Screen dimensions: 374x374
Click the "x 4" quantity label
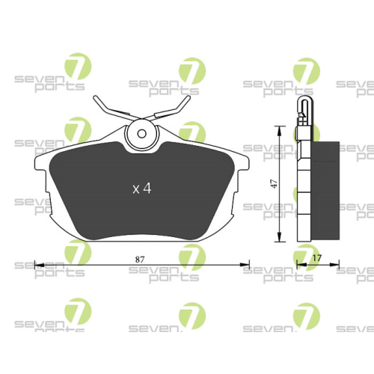142,188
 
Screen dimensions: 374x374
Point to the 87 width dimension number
140,257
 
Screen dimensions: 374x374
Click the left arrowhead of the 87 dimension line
38,264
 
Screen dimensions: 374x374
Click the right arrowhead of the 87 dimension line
245,264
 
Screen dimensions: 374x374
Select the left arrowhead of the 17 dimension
300,264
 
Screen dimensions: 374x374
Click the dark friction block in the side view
322,191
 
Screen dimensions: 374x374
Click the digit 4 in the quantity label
147,188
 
